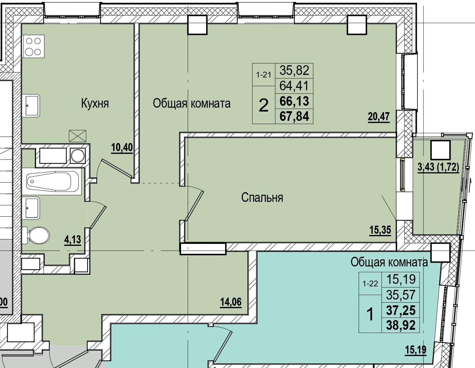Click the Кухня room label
point(95,103)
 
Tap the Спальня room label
point(262,197)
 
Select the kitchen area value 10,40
point(122,148)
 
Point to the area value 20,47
point(379,117)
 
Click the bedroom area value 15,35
point(380,230)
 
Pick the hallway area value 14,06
point(231,302)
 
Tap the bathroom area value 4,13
point(73,240)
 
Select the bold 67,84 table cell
point(294,116)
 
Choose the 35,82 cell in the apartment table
point(294,70)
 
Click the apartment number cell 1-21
point(264,75)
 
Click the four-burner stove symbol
point(33,46)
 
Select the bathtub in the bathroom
point(52,182)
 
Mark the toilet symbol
point(36,236)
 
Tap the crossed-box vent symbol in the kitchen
point(78,136)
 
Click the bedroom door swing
point(194,203)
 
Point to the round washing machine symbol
point(78,156)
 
